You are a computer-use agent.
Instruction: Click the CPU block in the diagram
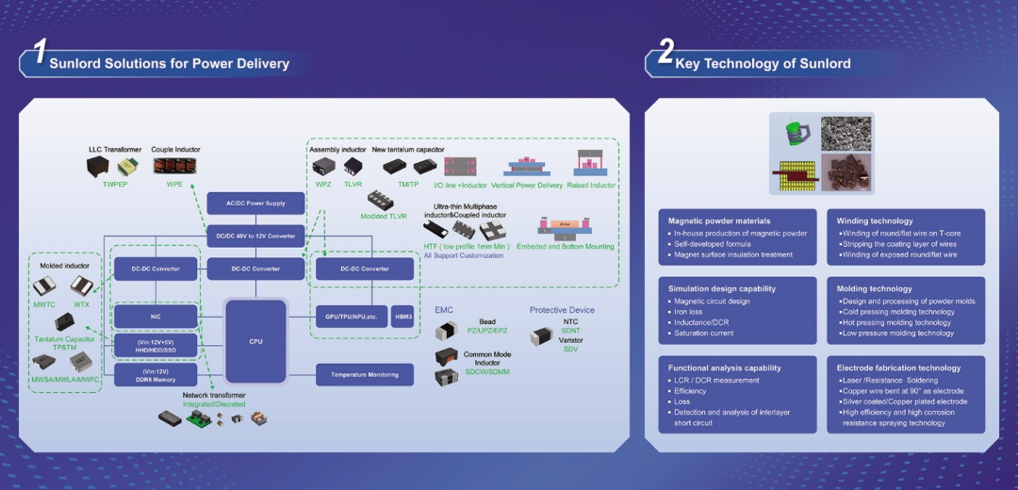255,340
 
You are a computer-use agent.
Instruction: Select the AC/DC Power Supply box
255,203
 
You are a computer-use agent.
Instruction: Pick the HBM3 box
402,318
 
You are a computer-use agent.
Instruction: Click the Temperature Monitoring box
365,374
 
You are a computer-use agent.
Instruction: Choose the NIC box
156,318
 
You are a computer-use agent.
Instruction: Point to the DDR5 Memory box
156,374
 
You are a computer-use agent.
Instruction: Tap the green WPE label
174,185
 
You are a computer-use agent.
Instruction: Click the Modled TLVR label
385,216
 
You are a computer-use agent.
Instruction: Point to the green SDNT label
571,331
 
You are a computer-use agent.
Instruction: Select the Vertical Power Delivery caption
527,186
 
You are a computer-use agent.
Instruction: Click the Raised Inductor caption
592,186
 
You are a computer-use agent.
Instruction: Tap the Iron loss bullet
690,312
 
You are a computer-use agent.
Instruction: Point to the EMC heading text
444,309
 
